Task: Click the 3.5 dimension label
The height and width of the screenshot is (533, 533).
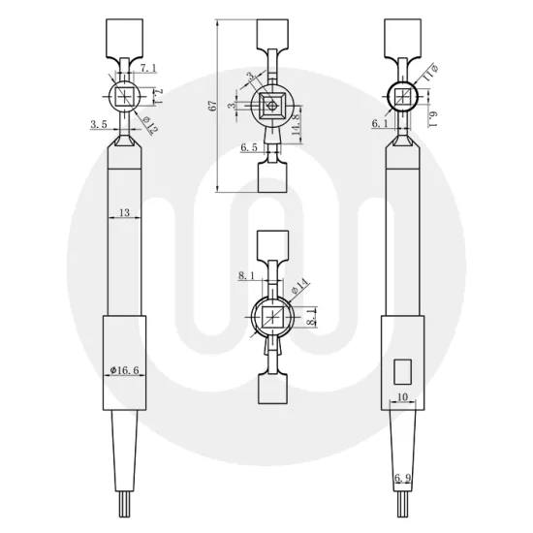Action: [98, 124]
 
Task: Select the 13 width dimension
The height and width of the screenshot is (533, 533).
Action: [124, 211]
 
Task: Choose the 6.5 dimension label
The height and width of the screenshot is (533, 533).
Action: [248, 148]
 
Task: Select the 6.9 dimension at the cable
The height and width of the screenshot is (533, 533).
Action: [403, 477]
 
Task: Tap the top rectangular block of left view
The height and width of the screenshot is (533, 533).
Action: [124, 38]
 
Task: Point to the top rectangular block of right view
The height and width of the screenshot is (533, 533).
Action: [404, 38]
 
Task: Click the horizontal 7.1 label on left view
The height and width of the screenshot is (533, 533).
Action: [149, 67]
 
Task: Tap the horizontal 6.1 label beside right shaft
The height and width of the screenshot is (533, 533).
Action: [380, 124]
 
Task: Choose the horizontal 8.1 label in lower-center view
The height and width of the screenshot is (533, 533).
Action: [247, 276]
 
